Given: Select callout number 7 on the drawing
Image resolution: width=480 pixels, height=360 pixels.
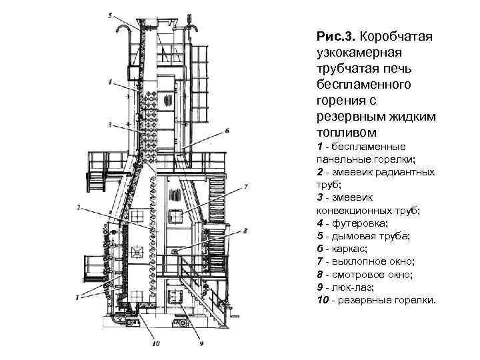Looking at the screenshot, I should pyautogui.click(x=246, y=186).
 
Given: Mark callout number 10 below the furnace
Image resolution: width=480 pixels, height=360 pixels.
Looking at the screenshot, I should pyautogui.click(x=156, y=345).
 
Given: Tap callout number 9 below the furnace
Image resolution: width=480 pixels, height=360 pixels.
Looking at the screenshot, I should pyautogui.click(x=200, y=345).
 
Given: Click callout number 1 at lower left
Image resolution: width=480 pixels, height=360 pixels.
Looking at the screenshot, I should pyautogui.click(x=78, y=295).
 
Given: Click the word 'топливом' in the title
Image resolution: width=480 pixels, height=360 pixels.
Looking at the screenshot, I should pyautogui.click(x=342, y=133).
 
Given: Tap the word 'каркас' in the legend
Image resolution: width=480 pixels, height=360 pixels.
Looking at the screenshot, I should pyautogui.click(x=350, y=249).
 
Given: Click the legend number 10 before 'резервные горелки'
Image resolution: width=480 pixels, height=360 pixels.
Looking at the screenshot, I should pyautogui.click(x=323, y=299).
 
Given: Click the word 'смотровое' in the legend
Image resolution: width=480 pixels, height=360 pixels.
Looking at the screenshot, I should pyautogui.click(x=357, y=274).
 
